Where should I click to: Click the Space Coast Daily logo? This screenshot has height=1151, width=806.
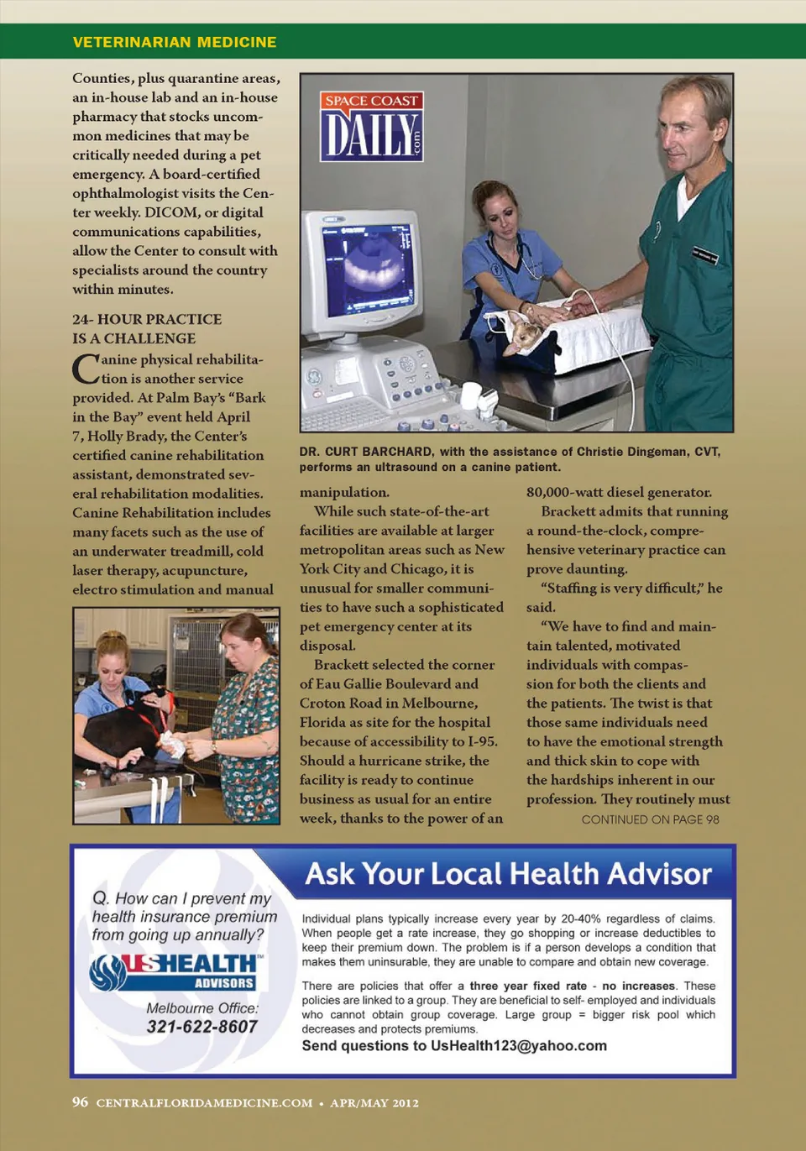(371, 126)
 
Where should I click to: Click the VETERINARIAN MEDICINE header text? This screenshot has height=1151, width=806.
(175, 42)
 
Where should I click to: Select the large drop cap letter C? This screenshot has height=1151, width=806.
(86, 369)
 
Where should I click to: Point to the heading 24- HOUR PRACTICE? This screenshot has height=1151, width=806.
(147, 319)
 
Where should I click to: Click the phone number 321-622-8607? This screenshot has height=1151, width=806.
(201, 1026)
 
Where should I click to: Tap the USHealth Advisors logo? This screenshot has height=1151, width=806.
(176, 971)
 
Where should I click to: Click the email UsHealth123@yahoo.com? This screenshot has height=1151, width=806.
(518, 1045)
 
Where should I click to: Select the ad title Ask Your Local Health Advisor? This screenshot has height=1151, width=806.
(508, 874)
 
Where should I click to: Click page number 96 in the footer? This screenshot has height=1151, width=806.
(80, 1101)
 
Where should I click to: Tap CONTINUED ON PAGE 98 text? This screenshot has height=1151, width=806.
(650, 819)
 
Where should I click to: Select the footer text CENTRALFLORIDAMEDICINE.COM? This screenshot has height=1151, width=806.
(204, 1103)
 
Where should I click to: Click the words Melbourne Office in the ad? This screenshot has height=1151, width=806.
(202, 1007)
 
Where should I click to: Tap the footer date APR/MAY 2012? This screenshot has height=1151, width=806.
(374, 1103)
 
